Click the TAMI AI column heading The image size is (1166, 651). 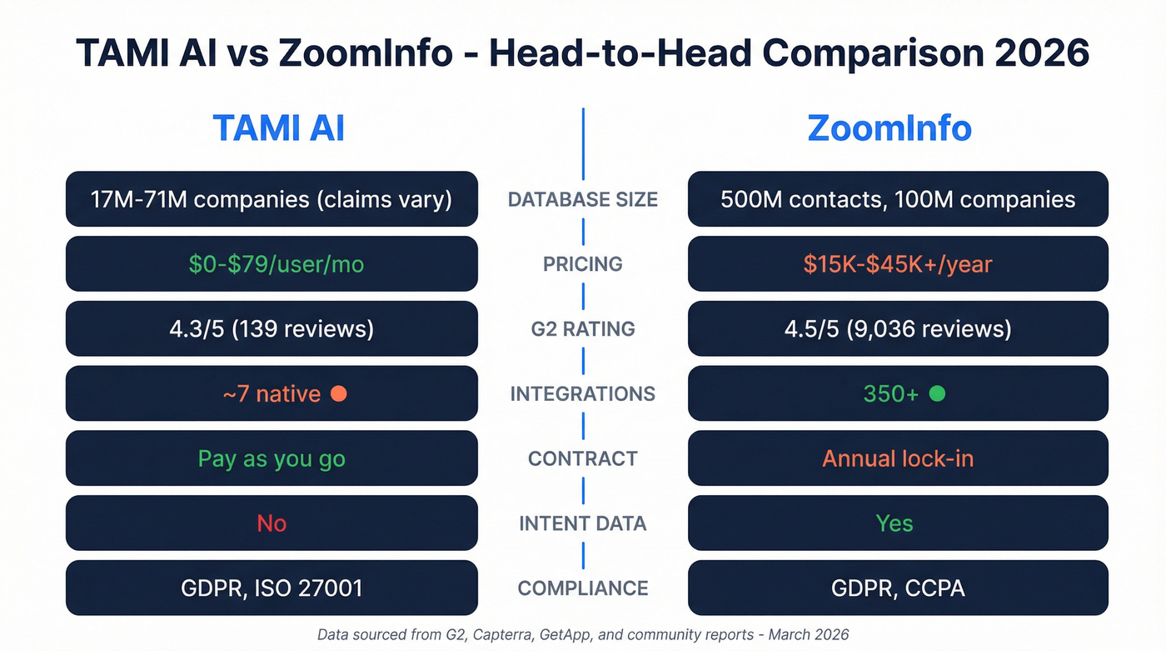278,128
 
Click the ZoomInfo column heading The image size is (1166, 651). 889,128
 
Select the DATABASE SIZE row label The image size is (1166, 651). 583,199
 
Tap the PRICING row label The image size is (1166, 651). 583,264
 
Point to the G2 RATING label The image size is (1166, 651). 583,329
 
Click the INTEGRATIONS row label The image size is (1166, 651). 583,393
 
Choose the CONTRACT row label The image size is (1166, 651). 583,458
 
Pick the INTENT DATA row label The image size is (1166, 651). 583,523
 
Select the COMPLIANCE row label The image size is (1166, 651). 583,588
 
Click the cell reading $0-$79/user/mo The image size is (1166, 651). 272,264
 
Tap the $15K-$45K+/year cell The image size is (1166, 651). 898,264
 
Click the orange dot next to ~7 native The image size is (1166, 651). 339,393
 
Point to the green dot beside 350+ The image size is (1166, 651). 937,393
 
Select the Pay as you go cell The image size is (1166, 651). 272,458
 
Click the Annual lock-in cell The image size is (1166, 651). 898,458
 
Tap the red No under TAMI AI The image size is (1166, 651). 272,523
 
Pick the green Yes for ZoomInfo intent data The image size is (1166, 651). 894,523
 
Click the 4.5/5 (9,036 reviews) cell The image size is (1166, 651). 898,329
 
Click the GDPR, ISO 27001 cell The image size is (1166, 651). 272,588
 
